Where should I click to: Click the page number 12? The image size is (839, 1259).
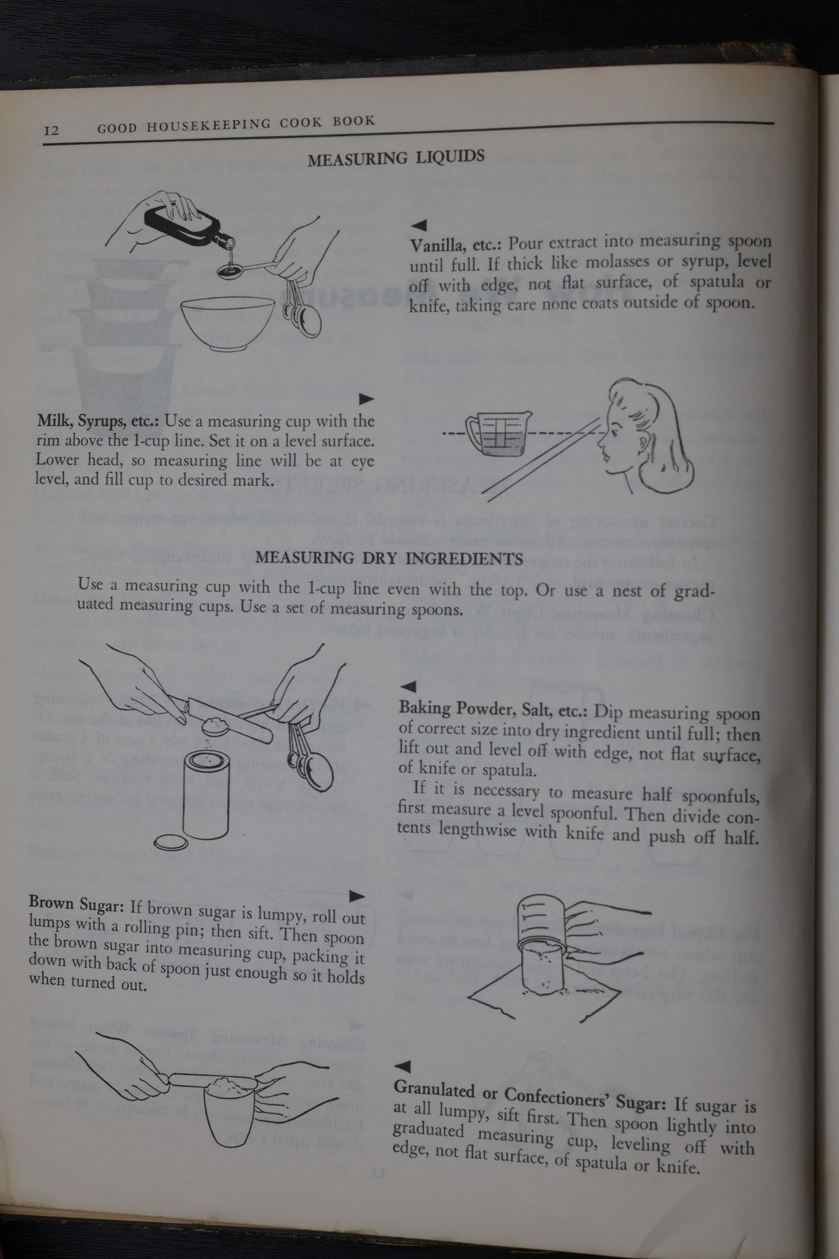52,130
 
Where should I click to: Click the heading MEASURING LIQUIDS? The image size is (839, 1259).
396,157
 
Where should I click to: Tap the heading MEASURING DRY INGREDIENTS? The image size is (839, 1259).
389,558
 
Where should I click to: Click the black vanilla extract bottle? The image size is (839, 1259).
186,223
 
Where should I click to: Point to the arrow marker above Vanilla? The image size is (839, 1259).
419,225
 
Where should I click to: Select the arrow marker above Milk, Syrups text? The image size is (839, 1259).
366,399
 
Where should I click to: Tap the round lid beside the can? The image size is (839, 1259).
172,842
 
